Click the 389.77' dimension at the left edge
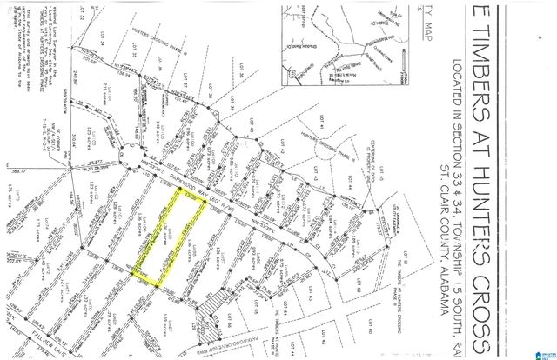coord(11,170)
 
